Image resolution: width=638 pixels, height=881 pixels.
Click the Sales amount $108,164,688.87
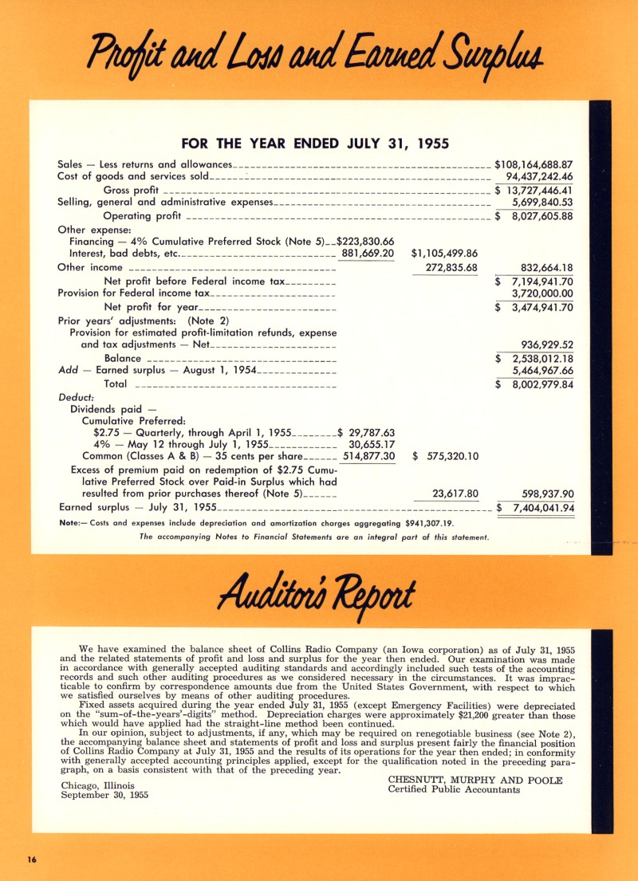[534, 165]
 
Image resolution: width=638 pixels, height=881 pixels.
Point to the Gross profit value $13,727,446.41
[534, 191]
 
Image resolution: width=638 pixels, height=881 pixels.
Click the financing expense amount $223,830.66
[366, 242]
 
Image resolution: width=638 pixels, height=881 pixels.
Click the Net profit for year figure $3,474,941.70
[534, 307]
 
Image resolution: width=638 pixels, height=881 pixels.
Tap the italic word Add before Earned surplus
[69, 371]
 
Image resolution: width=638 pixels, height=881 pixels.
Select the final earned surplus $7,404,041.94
[536, 508]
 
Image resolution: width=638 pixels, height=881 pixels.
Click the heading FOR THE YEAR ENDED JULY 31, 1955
[315, 144]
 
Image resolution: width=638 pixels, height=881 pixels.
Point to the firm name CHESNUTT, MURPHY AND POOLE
[475, 780]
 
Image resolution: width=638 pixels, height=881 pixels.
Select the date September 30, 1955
[104, 795]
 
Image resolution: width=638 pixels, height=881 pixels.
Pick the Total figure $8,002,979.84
[534, 384]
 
